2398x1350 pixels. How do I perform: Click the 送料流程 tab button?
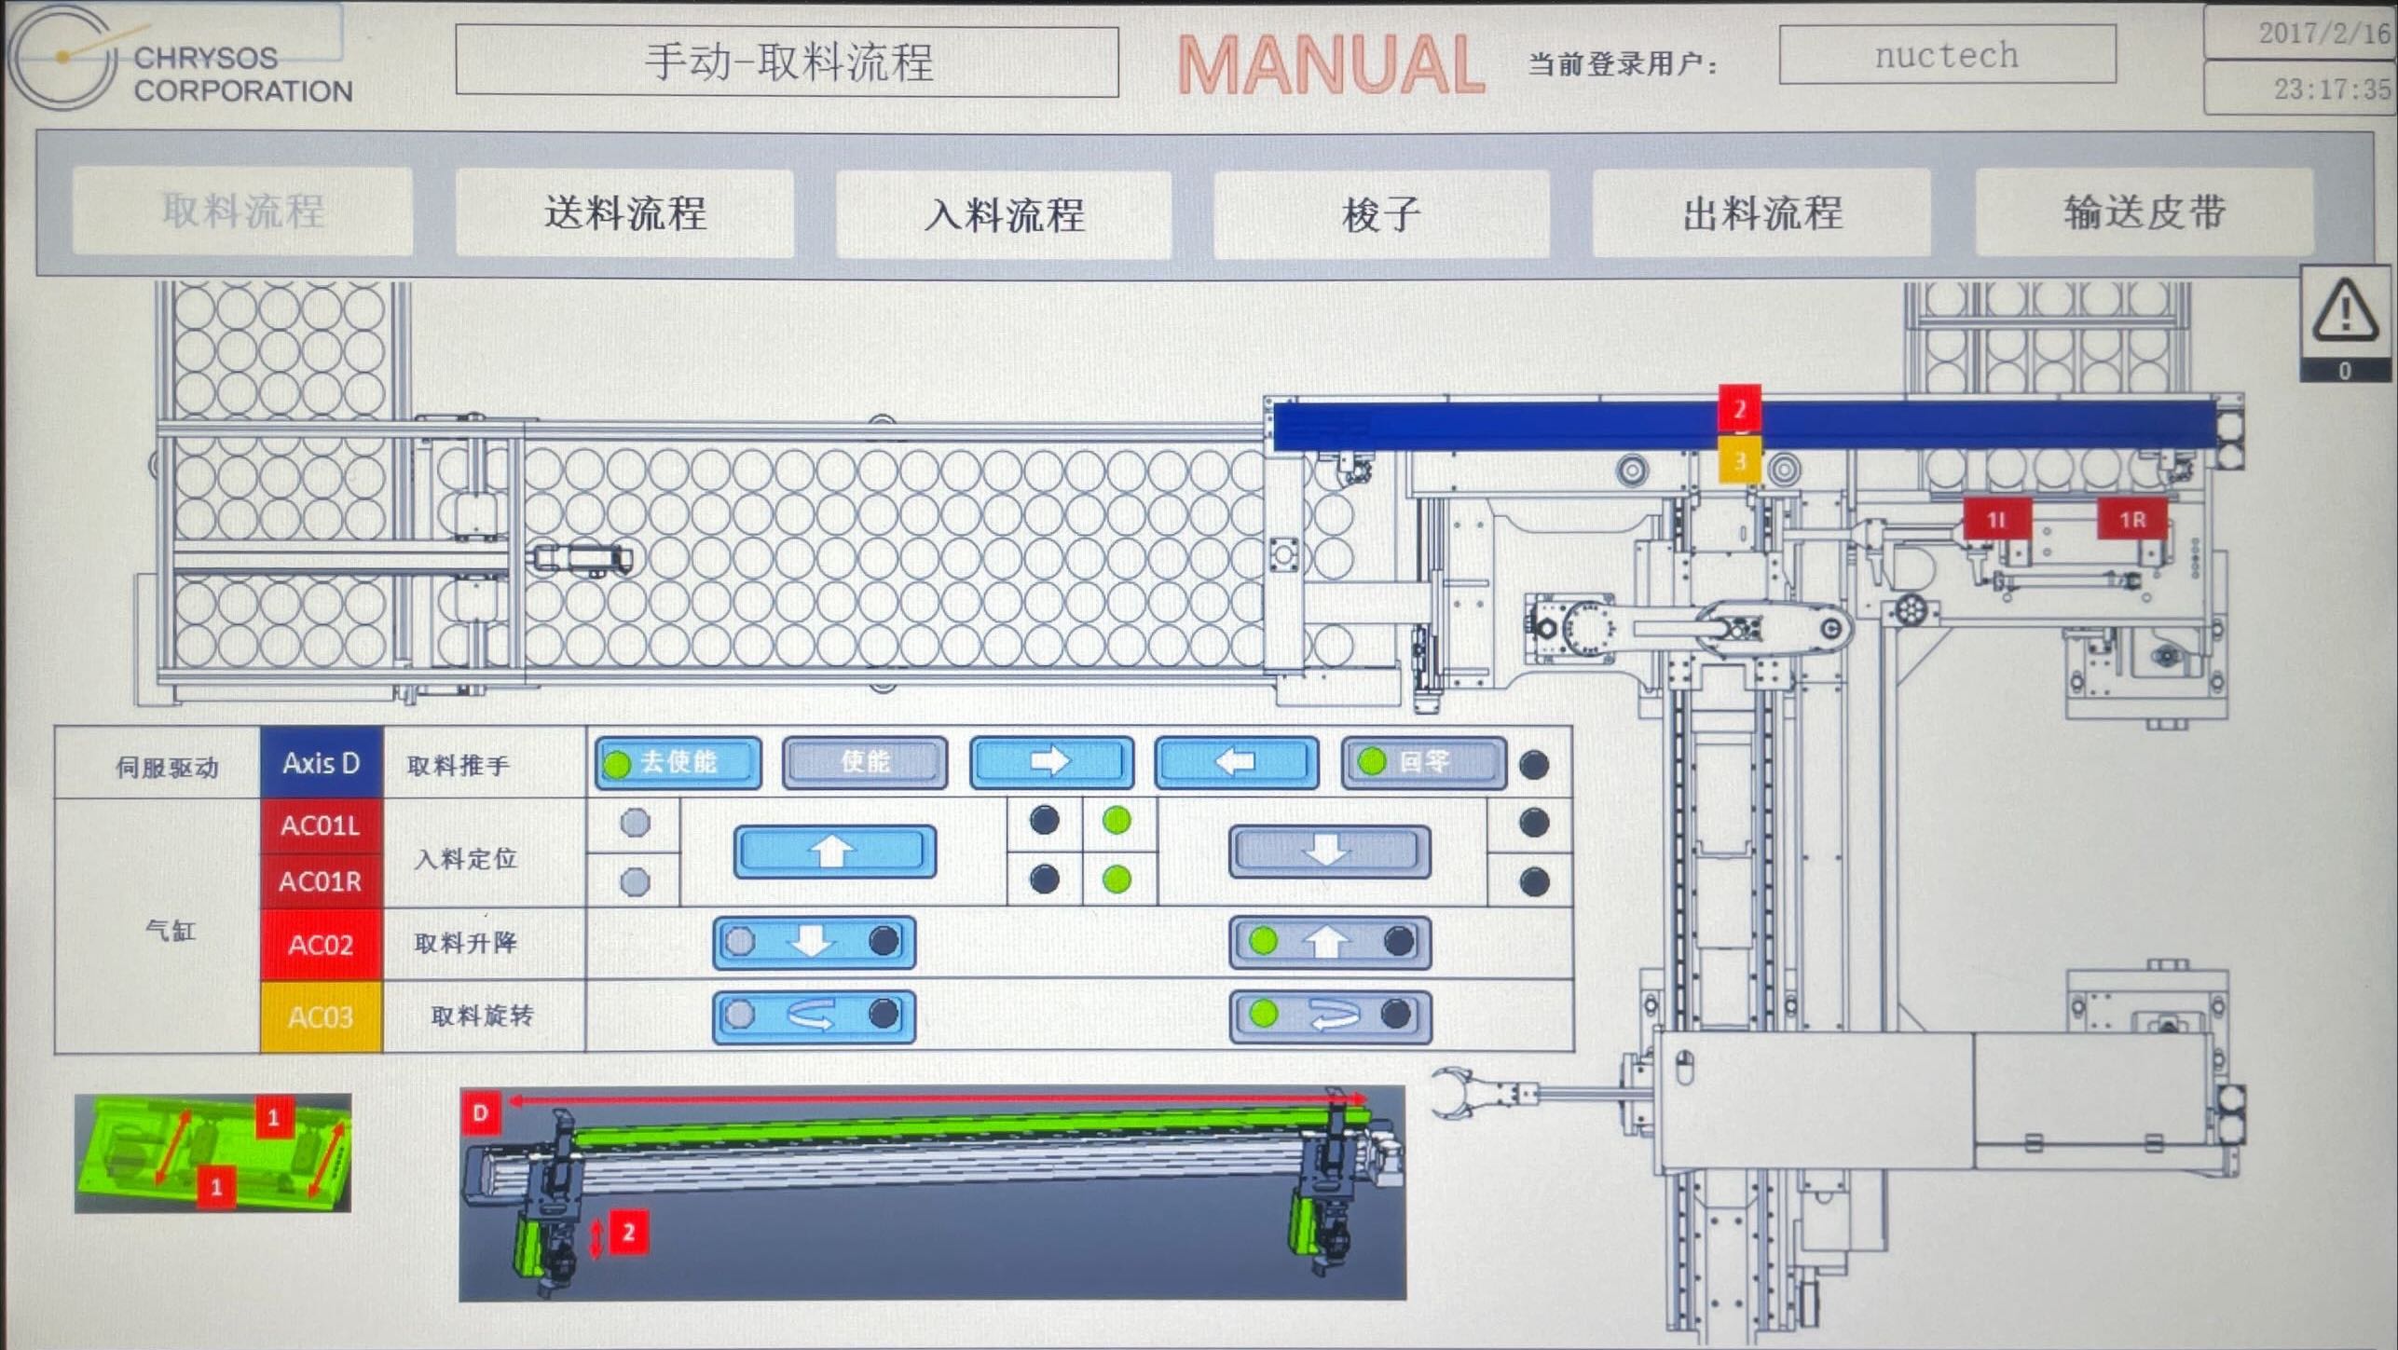point(624,212)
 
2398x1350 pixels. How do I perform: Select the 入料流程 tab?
point(1004,214)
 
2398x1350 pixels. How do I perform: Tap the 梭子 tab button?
point(1381,214)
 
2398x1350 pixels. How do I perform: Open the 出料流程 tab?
point(1761,212)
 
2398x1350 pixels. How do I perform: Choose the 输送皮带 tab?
point(2144,212)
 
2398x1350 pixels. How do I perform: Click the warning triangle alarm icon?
point(2345,313)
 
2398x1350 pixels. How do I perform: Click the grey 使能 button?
point(864,763)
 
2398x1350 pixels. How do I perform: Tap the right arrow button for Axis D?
point(1051,763)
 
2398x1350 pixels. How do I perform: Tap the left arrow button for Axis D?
point(1237,763)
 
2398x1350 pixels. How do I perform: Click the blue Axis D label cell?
point(321,763)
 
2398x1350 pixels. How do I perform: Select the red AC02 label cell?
point(321,945)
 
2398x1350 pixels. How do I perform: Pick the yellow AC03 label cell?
point(321,1016)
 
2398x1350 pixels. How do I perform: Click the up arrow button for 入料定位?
point(834,851)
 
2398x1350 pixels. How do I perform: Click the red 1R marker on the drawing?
point(2132,519)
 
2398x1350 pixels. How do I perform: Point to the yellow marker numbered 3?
point(1739,460)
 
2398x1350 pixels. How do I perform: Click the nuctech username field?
point(1946,55)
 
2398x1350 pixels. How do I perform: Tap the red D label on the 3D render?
point(481,1112)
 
